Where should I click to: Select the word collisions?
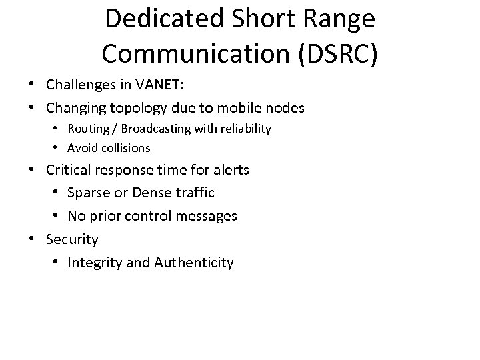coord(125,147)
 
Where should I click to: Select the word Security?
coord(72,239)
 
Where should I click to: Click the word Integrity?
coord(94,263)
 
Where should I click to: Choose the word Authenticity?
coord(194,263)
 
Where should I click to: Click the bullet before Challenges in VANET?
coord(31,85)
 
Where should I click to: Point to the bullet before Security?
coord(31,239)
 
